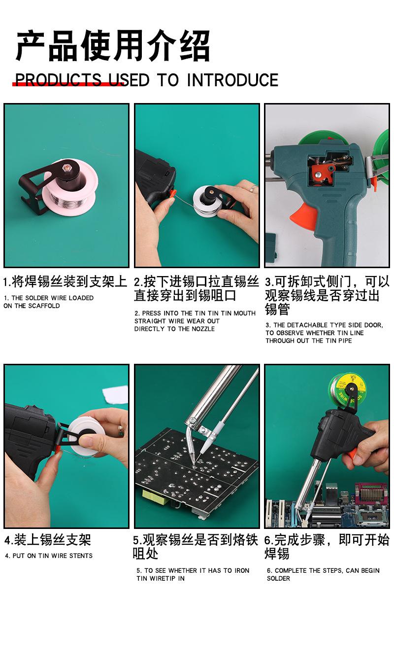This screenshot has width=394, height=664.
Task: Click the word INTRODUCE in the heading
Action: tap(232, 80)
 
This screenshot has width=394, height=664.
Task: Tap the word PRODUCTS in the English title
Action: tap(58, 80)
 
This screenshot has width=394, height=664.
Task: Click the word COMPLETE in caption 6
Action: tap(293, 571)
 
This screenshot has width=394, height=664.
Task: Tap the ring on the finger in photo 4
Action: tap(121, 430)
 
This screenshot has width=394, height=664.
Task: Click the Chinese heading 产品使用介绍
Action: tap(113, 46)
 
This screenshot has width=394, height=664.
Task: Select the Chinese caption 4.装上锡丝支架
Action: tap(48, 539)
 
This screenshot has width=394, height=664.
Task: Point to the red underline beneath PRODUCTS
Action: tap(68, 84)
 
